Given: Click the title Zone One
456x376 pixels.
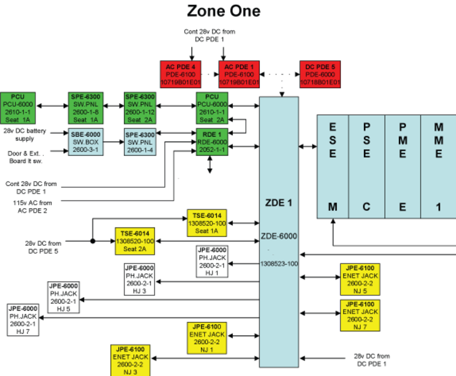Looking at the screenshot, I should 224,11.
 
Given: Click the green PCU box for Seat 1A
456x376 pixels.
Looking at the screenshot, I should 18,108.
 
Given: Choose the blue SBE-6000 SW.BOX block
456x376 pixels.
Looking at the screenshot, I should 85,143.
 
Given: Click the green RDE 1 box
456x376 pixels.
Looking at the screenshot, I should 212,143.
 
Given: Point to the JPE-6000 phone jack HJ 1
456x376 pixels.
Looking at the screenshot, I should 212,261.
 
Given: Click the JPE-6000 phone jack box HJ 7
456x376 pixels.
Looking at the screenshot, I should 23,320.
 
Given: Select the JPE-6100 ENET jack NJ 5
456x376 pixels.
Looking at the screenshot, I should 360,279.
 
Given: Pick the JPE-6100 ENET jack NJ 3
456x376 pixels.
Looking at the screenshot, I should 130,360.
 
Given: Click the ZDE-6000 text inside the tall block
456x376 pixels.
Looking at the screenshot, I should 279,236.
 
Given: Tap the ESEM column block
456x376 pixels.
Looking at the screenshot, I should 332,166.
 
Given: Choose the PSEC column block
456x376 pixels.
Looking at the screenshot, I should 366,166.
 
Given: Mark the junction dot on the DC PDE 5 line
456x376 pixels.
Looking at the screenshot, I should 93,241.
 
